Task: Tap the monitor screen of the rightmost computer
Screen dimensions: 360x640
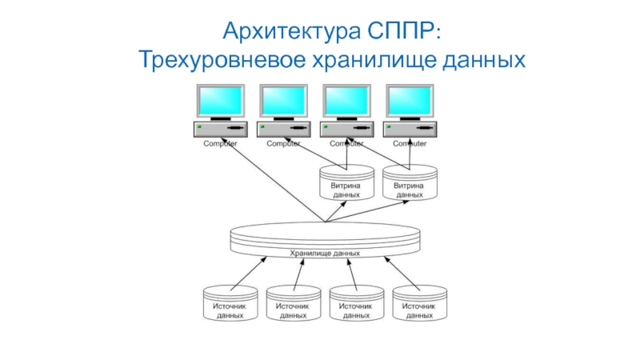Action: click(x=410, y=101)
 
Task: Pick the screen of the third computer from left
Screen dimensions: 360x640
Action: click(x=346, y=101)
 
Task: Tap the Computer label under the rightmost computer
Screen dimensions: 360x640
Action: click(x=410, y=143)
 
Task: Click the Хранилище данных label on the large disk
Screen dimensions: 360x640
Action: click(x=325, y=253)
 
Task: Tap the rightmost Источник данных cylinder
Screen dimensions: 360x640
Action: click(x=418, y=305)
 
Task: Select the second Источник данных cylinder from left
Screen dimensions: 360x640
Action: click(x=293, y=305)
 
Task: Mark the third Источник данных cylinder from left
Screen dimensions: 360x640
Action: click(x=356, y=305)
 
